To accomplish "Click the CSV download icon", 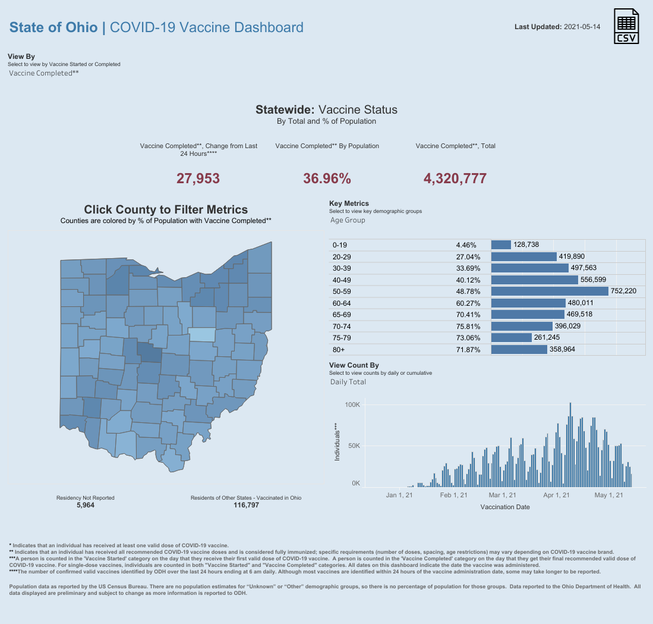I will pos(626,27).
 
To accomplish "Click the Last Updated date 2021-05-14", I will pos(582,27).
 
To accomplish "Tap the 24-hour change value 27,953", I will pos(198,178).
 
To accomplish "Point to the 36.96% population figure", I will pos(327,178).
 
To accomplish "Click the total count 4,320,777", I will pos(455,178).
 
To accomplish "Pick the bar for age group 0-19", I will pos(501,245).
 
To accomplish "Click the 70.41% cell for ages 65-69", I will pos(466,315).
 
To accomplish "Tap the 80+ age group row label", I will pos(339,349).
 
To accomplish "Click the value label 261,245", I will pos(551,338).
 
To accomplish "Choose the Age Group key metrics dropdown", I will pos(348,220).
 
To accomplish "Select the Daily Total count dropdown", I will pos(348,382).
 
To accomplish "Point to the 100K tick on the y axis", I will pos(352,404).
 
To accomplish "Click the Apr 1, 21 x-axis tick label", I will pos(557,495).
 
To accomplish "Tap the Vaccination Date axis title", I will pos(504,507).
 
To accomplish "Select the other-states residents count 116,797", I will pos(246,505).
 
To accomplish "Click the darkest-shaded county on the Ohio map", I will pos(150,353).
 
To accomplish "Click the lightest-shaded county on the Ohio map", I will pos(201,334).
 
